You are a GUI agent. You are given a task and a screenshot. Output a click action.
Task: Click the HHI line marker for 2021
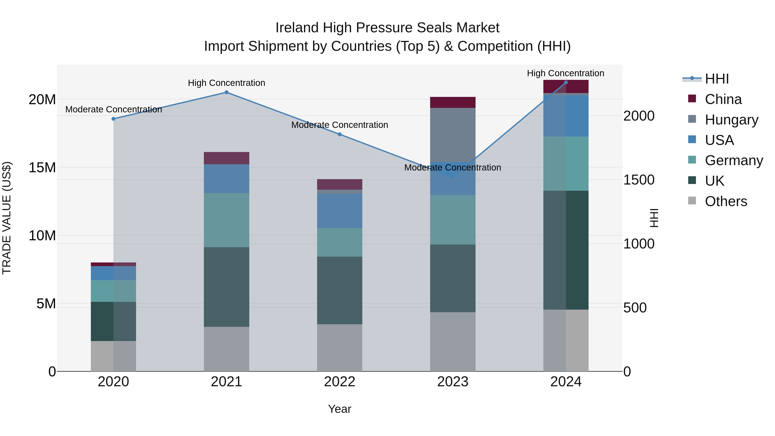(x=226, y=92)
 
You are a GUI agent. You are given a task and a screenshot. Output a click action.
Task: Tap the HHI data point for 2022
(x=340, y=134)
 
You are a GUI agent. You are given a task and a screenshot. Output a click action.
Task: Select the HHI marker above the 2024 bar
(x=566, y=82)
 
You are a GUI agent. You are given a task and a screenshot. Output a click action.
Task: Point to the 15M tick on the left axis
(x=42, y=168)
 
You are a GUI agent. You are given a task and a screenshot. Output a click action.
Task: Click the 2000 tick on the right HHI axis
(x=639, y=116)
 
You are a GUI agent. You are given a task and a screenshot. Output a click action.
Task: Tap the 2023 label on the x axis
(x=453, y=382)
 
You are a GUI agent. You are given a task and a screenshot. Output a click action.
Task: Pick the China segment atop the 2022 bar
(x=340, y=184)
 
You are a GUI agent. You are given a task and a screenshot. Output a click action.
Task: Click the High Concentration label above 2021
(x=226, y=83)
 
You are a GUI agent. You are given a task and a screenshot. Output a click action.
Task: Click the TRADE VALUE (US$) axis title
(x=7, y=218)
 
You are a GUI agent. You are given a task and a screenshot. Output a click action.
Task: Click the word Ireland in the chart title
(x=297, y=28)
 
